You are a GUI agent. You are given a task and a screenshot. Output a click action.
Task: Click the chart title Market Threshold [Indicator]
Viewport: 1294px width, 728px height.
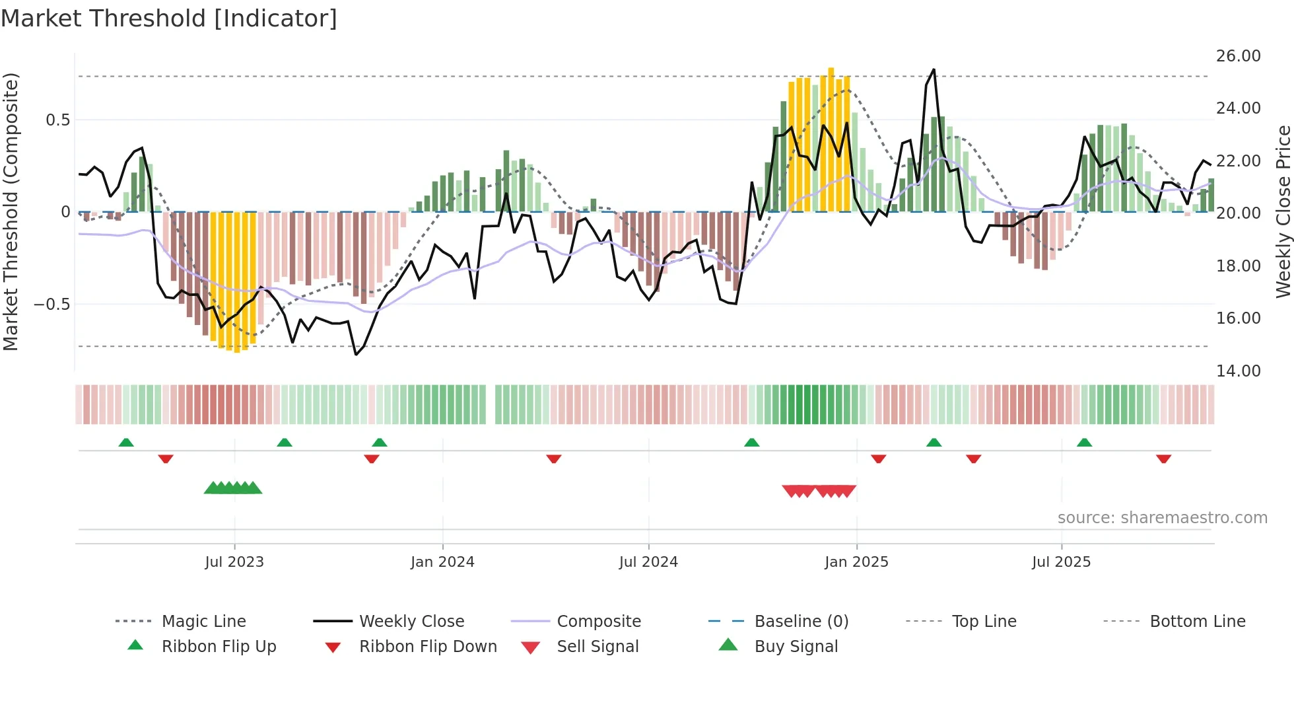click(x=169, y=18)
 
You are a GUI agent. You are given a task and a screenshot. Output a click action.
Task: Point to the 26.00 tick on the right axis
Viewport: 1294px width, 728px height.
click(x=1238, y=56)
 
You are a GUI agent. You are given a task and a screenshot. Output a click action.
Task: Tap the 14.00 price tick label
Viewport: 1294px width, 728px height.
click(x=1238, y=371)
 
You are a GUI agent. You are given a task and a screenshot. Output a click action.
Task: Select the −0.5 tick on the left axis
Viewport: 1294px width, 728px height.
click(x=51, y=305)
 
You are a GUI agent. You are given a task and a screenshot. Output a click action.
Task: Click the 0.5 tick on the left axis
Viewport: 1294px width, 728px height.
click(x=57, y=120)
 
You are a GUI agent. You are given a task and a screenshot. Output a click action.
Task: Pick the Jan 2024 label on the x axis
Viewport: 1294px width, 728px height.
click(x=442, y=562)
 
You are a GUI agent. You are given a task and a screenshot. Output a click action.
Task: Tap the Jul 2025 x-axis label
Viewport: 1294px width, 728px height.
click(x=1061, y=562)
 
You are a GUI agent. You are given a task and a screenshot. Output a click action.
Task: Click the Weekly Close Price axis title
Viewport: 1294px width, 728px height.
click(x=1283, y=211)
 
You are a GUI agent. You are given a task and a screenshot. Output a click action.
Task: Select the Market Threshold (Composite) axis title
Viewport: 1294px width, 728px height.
click(x=11, y=211)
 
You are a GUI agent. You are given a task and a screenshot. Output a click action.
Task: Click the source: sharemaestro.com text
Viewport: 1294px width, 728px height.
click(x=1162, y=518)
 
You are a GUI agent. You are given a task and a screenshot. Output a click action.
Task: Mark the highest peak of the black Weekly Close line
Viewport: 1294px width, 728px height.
click(x=934, y=69)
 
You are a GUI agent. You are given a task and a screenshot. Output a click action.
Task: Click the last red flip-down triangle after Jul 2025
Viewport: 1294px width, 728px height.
click(x=1163, y=458)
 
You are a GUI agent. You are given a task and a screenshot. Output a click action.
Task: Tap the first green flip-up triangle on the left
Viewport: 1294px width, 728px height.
click(x=126, y=443)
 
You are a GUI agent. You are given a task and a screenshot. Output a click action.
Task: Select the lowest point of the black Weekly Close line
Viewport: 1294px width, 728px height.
click(x=356, y=355)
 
